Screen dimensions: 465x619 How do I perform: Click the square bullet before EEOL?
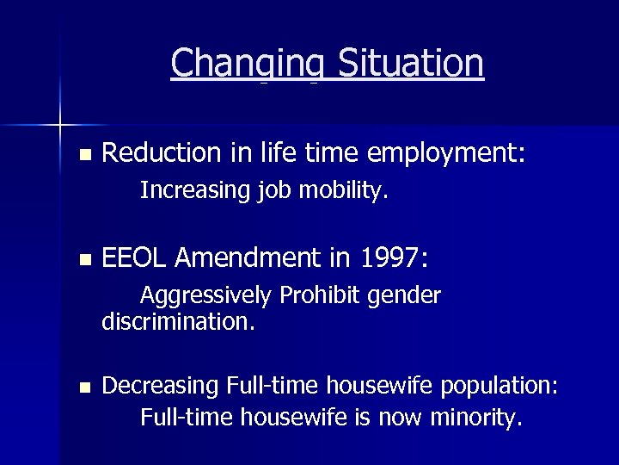(83, 259)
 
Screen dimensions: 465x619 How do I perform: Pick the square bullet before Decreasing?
(83, 387)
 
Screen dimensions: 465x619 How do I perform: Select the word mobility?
(344, 190)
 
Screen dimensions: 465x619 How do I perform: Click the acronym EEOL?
(137, 257)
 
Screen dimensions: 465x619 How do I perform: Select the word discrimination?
(178, 323)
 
